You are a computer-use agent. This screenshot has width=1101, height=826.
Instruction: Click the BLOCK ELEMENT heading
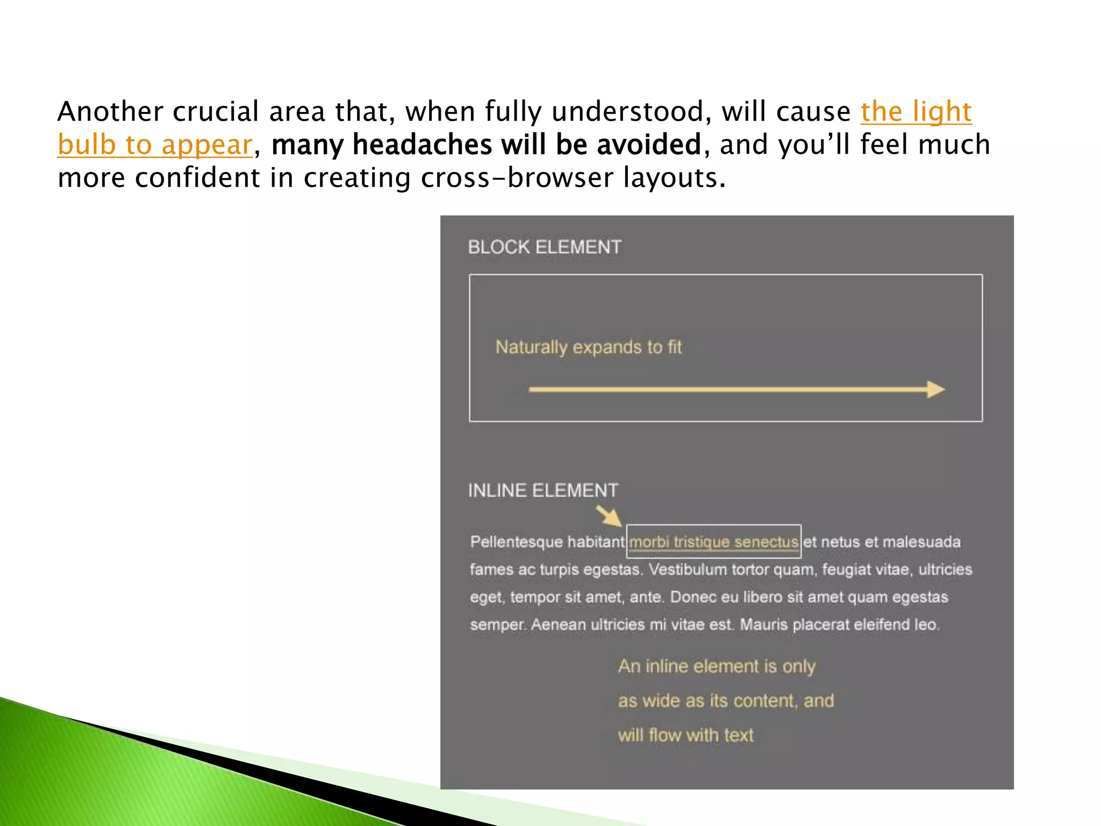point(544,247)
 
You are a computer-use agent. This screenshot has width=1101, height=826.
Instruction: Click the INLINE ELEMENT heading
point(543,490)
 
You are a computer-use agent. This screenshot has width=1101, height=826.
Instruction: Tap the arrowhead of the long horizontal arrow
point(936,389)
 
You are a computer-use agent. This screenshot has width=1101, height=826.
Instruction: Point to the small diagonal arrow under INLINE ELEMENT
point(609,516)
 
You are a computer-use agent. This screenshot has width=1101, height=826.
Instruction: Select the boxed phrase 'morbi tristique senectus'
point(713,542)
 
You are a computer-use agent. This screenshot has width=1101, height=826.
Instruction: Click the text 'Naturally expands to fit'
point(588,347)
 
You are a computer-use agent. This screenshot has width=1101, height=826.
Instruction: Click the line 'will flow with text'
point(685,735)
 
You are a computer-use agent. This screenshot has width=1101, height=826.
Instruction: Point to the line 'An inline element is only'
point(717,666)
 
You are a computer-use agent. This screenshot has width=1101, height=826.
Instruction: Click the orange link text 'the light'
point(916,112)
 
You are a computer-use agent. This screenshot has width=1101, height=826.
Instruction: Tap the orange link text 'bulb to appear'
point(155,145)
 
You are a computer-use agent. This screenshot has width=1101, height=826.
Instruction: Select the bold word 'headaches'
point(422,145)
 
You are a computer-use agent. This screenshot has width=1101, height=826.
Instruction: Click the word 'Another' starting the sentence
point(110,112)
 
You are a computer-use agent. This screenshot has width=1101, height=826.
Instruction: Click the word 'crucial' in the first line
point(216,112)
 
